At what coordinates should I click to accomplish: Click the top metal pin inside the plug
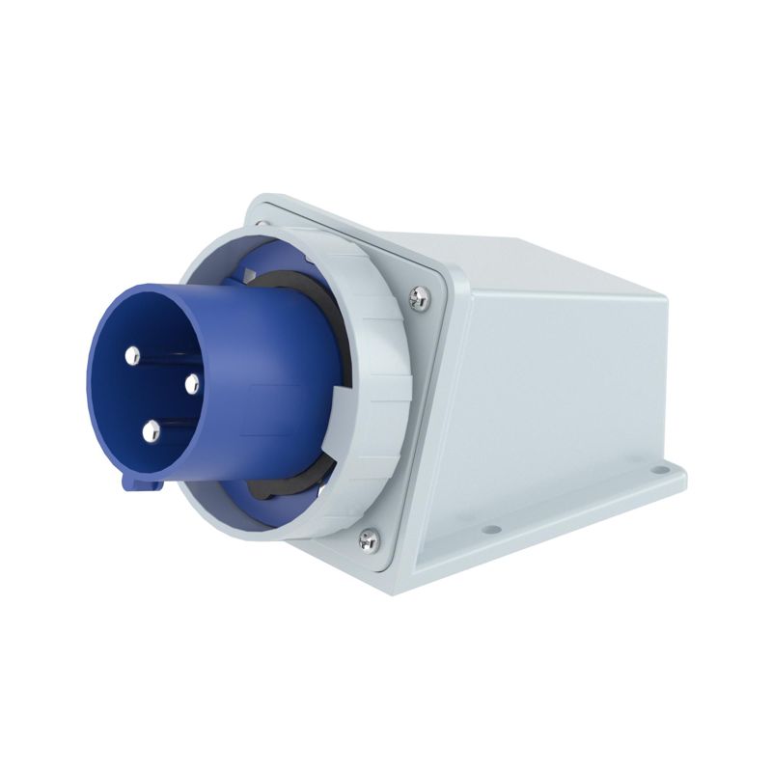(132, 355)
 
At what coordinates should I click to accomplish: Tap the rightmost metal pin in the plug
(191, 384)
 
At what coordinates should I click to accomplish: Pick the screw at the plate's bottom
(369, 540)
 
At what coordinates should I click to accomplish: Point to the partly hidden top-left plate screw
(258, 224)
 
